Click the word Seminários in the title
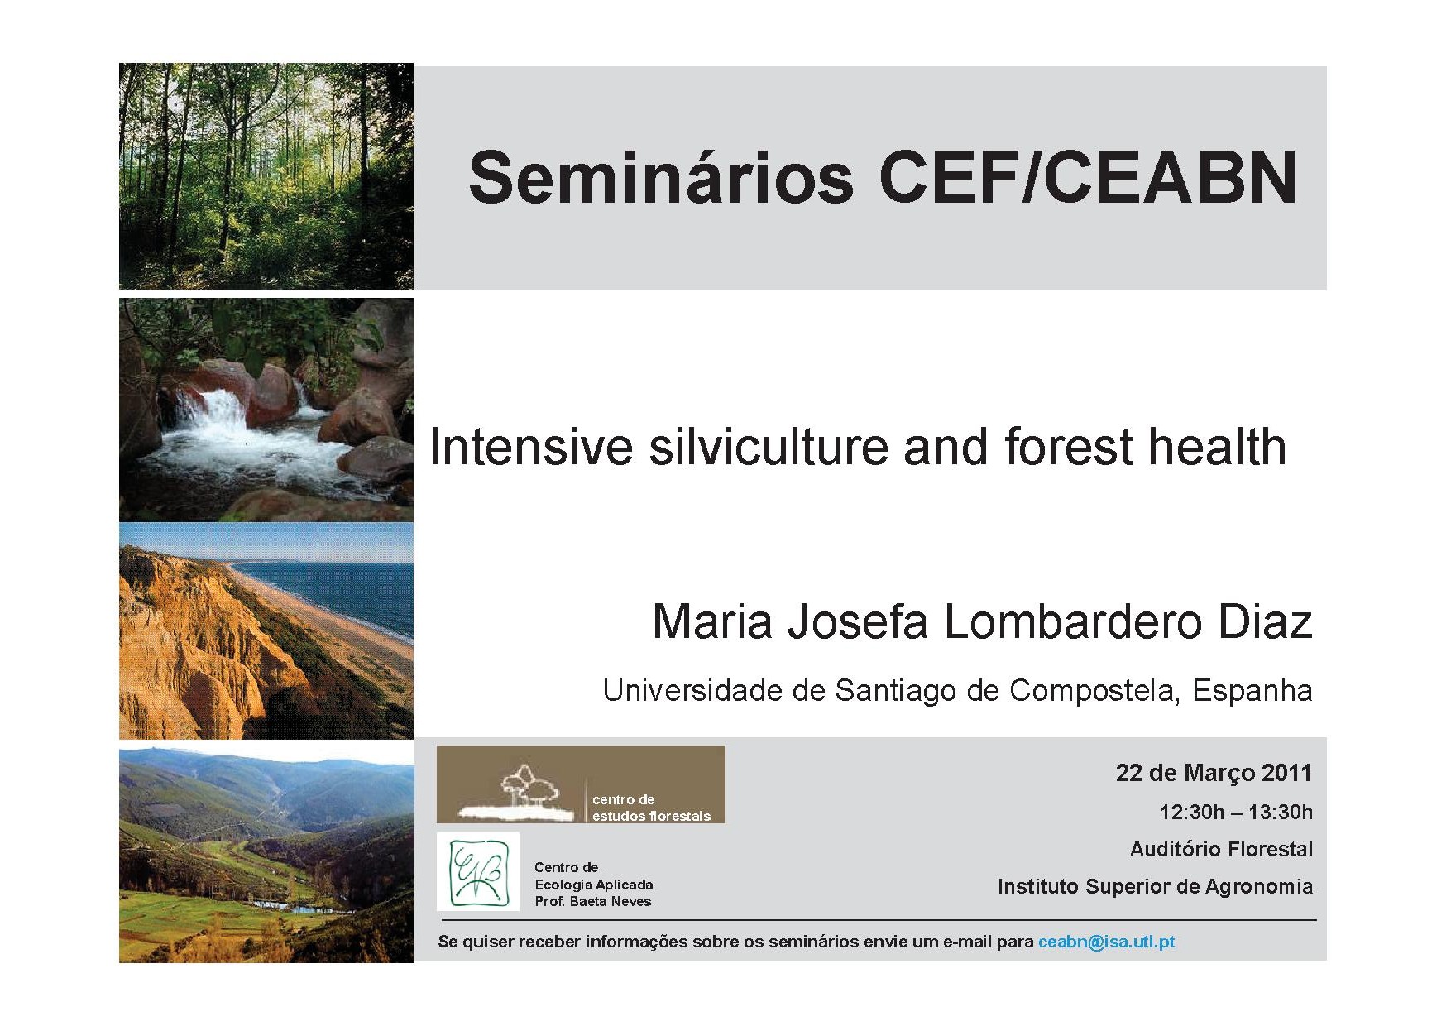pos(660,177)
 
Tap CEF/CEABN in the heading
pos(1088,177)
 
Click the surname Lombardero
pos(1072,621)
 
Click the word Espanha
pos(1252,690)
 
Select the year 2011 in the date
pos(1287,773)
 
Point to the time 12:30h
pos(1192,812)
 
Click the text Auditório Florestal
pos(1221,849)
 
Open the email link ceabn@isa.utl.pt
pos(1106,942)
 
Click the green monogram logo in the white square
pos(478,871)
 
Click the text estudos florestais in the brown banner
pos(651,816)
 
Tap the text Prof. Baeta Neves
pos(593,901)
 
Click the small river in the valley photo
pos(290,904)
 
